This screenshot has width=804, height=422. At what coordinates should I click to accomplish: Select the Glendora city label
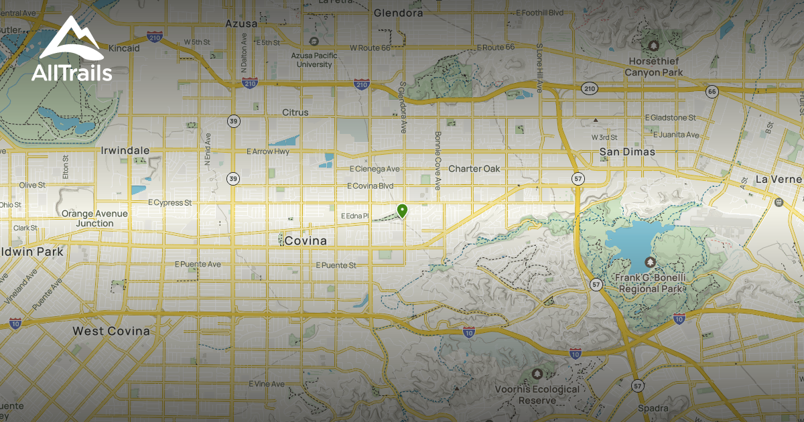(x=398, y=13)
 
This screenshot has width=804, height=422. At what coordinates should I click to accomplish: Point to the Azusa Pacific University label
(x=312, y=60)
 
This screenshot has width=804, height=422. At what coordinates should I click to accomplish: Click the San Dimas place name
(x=627, y=152)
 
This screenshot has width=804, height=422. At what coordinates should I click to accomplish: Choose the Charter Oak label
(x=474, y=169)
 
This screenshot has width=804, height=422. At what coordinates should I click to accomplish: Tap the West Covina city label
(x=111, y=331)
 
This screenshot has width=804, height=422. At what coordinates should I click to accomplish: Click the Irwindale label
(x=125, y=151)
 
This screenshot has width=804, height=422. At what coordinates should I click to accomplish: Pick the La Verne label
(x=779, y=180)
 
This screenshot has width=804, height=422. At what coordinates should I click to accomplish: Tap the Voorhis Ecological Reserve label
(x=537, y=395)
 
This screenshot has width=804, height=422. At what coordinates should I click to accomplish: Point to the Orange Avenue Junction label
(x=95, y=218)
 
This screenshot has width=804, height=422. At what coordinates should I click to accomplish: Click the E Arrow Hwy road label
(x=268, y=151)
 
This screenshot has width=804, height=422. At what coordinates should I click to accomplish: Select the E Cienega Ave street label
(x=375, y=169)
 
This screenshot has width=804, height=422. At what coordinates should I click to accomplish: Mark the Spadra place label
(x=653, y=409)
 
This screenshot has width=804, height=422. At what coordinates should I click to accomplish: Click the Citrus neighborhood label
(x=295, y=113)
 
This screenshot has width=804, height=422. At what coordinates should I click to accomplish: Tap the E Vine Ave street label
(x=267, y=384)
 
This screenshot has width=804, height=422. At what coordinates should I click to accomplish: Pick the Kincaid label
(x=123, y=49)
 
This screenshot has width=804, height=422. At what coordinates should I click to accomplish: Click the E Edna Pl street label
(x=355, y=216)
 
